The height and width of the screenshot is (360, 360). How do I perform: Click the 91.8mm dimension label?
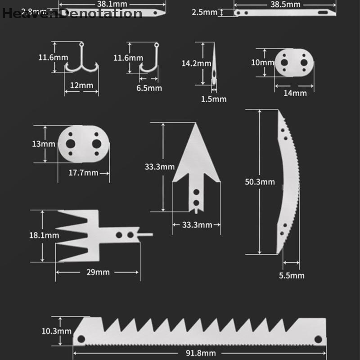tap(200, 353)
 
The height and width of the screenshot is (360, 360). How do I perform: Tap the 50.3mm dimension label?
tap(260, 182)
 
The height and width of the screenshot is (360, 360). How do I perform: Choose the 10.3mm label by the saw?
tap(57, 331)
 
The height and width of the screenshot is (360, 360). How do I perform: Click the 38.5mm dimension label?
tap(285, 4)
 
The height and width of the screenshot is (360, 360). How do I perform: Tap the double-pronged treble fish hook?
tap(81, 61)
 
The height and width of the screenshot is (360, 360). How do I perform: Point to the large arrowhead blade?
tap(196, 166)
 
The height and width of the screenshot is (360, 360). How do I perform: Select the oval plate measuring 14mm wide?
tap(294, 63)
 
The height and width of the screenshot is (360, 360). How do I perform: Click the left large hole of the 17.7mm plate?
tap(71, 144)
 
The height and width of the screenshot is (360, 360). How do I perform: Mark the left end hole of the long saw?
tap(81, 338)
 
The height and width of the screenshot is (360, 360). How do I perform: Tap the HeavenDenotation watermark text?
tap(72, 13)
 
